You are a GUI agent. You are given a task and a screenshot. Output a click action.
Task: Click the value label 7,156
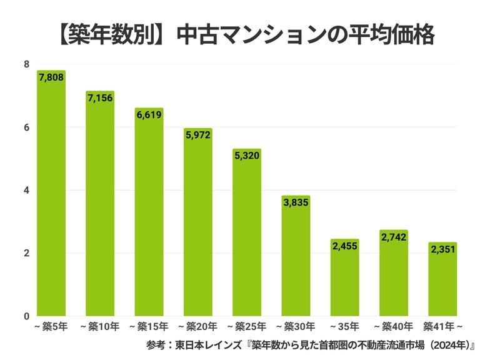pyautogui.click(x=100, y=98)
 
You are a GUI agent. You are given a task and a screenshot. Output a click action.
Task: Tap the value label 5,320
pyautogui.click(x=247, y=156)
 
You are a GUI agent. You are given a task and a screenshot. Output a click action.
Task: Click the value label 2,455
pyautogui.click(x=345, y=246)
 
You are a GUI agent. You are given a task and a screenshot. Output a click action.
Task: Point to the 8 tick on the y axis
pyautogui.click(x=26, y=64)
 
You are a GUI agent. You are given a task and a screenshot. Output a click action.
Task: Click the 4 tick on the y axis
pyautogui.click(x=26, y=190)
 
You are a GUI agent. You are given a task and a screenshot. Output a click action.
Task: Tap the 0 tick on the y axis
pyautogui.click(x=26, y=316)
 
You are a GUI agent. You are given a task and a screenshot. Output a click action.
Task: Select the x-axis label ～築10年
pyautogui.click(x=100, y=326)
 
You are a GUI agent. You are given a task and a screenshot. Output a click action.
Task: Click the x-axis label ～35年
pyautogui.click(x=345, y=326)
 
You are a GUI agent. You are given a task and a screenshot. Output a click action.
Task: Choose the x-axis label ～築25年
pyautogui.click(x=247, y=326)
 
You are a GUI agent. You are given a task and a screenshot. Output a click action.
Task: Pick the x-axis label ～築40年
pyautogui.click(x=394, y=326)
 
